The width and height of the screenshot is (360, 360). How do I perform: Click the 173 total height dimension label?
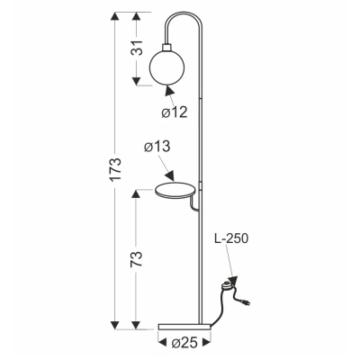(115, 168)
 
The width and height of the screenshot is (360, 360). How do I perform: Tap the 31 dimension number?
(137, 47)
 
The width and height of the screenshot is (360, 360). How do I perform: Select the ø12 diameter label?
(175, 112)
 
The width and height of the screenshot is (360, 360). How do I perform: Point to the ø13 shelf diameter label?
(157, 147)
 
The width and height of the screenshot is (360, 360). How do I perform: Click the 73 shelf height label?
(136, 259)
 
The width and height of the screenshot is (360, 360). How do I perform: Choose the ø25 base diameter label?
(184, 342)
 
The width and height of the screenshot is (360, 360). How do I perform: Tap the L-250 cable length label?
(231, 238)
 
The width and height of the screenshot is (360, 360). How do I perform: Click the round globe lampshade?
(164, 67)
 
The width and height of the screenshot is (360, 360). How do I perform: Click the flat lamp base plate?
(184, 327)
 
